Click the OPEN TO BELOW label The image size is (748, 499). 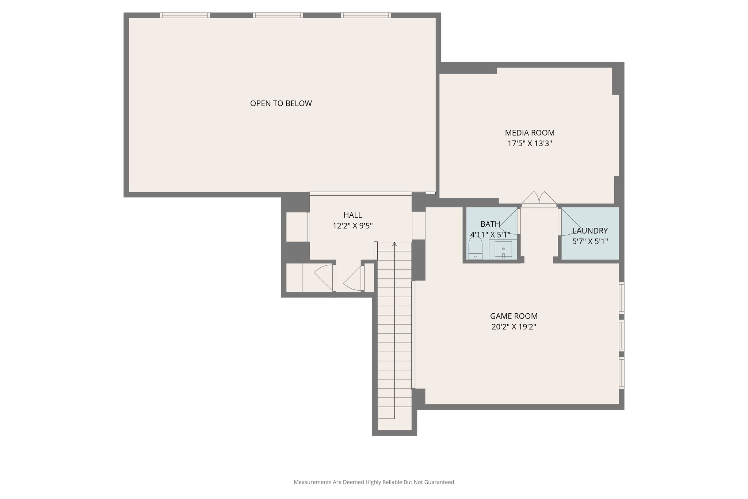281,103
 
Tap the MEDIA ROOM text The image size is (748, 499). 530,133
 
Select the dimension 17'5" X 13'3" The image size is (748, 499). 530,144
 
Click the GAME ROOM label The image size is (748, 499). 514,316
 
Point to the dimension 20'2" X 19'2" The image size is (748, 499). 514,327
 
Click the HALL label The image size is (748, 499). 352,215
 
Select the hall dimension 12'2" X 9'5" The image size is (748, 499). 352,226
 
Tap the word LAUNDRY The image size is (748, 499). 590,231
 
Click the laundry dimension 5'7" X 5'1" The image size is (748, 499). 590,242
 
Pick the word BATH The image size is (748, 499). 490,224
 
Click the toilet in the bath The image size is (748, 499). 475,249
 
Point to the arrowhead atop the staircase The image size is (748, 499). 394,244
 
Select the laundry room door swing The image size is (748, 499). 570,224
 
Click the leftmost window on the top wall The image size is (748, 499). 185,15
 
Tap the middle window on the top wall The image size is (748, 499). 278,15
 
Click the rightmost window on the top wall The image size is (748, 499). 366,15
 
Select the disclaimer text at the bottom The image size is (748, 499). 374,482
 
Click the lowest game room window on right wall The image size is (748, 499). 621,372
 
